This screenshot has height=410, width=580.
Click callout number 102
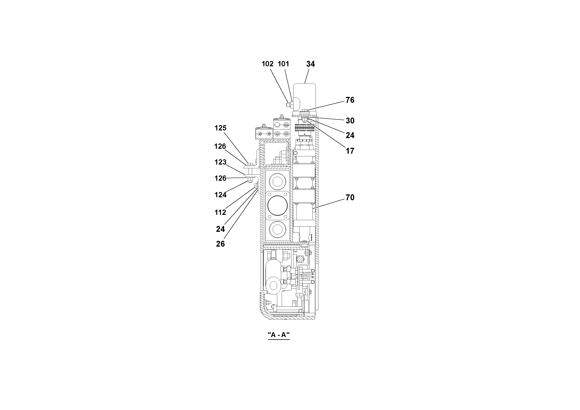click(267, 64)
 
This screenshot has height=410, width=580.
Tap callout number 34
click(311, 64)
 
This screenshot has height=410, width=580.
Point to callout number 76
click(350, 100)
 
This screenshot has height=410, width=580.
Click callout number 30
click(350, 121)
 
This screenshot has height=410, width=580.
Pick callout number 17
click(350, 151)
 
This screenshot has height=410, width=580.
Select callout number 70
click(350, 198)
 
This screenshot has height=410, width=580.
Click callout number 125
click(220, 128)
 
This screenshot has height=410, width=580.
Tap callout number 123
click(220, 162)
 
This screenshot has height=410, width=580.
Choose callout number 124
click(220, 195)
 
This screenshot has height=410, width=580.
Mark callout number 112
click(220, 212)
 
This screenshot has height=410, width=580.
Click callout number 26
click(220, 244)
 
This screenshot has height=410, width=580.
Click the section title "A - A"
click(279, 335)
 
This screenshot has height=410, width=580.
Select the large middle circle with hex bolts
click(277, 205)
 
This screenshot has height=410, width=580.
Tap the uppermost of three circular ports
click(277, 182)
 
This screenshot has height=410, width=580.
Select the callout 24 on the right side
click(350, 135)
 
